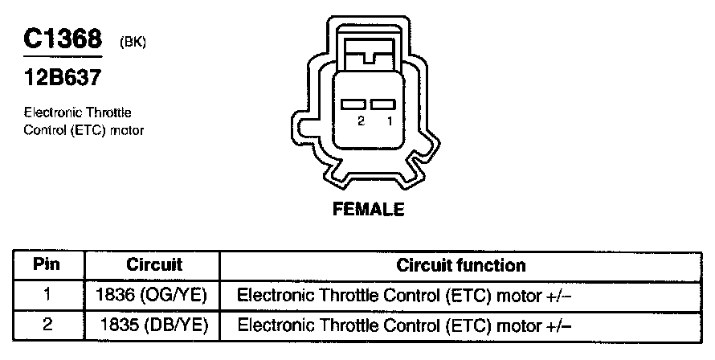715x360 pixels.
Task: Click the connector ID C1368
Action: pyautogui.click(x=63, y=39)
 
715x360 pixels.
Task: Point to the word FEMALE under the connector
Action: pyautogui.click(x=368, y=211)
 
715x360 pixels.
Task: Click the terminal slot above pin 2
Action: pyautogui.click(x=353, y=104)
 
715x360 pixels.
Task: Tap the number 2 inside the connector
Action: pyautogui.click(x=362, y=121)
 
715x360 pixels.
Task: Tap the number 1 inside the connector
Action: pyautogui.click(x=390, y=121)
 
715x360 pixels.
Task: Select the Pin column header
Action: pyautogui.click(x=47, y=265)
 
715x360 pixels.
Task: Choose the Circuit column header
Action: pyautogui.click(x=154, y=265)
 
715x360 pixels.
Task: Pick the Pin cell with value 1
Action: pyautogui.click(x=47, y=295)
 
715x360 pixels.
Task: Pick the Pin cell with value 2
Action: pyautogui.click(x=47, y=325)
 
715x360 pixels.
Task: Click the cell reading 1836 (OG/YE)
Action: pyautogui.click(x=151, y=295)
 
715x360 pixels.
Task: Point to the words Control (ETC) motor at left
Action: pyautogui.click(x=84, y=129)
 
